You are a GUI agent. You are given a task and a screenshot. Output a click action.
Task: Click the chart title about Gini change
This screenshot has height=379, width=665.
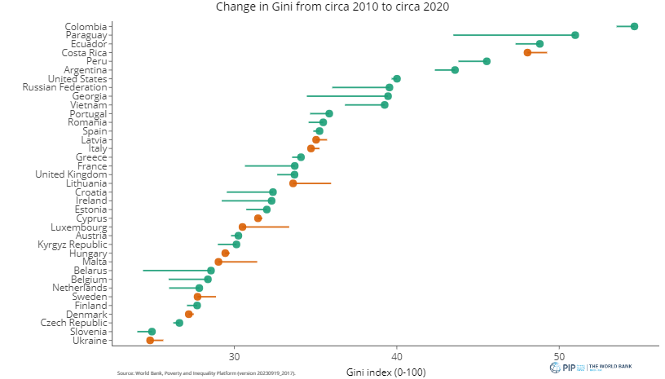coord(332,7)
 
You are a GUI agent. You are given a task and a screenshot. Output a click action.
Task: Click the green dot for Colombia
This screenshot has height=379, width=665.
coord(634,26)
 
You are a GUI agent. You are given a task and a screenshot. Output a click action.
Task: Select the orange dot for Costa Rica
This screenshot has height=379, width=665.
coord(527,52)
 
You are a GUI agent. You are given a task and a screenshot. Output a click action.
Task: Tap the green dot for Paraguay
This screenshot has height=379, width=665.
coord(575,35)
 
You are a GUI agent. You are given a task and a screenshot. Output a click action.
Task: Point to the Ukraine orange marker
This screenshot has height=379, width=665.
coord(150,340)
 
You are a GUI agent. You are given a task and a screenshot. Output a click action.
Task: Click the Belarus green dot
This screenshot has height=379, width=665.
coord(211,271)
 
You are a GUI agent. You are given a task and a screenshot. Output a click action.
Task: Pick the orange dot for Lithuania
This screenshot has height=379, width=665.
coord(293,183)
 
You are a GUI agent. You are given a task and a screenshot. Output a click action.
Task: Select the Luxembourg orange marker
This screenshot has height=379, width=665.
coord(242,227)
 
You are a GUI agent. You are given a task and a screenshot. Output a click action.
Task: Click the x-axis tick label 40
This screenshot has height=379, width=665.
coord(397,357)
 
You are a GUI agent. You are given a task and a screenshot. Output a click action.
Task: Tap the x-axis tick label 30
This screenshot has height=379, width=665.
coord(234,357)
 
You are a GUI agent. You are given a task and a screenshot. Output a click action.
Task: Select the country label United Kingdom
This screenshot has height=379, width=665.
coord(71,174)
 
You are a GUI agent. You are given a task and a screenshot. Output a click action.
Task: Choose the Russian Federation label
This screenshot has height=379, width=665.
coord(65,87)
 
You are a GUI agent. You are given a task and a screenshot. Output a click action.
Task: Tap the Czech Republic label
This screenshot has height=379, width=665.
coord(74,323)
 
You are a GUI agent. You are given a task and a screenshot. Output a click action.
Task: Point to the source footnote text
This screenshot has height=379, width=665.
coord(206,372)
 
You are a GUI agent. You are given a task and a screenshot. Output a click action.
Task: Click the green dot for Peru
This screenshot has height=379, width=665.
coord(487,61)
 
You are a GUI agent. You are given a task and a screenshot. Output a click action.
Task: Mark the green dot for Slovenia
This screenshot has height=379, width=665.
coord(152,332)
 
